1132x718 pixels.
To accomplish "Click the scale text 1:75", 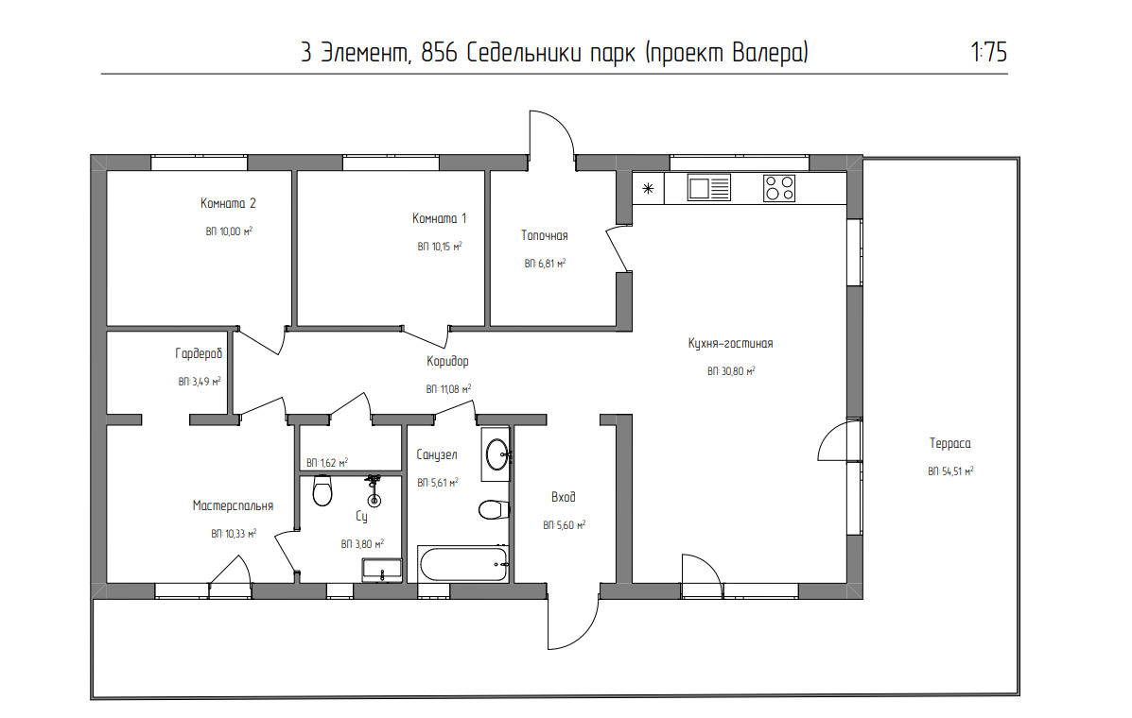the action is tap(988, 53).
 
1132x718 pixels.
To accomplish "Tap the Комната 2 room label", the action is tap(229, 203).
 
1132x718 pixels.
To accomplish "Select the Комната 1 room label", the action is tap(440, 218).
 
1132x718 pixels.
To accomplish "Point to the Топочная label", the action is tap(545, 235).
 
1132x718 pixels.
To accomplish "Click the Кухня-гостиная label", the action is tap(731, 344).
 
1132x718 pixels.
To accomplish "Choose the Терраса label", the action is tap(950, 443).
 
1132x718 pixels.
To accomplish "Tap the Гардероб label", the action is tap(199, 354).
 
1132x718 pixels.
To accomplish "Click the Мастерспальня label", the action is tap(233, 506).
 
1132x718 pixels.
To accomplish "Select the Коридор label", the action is tap(447, 361).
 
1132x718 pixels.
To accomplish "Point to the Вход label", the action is tap(564, 497).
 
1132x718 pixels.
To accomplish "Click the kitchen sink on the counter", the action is tap(708, 188).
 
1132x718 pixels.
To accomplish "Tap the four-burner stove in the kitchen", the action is tap(779, 188).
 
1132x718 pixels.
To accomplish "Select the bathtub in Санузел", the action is tap(463, 565).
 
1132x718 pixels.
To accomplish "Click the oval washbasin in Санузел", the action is tap(496, 454).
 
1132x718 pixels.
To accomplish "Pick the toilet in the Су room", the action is tap(322, 491).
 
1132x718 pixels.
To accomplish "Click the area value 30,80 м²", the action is tap(731, 372).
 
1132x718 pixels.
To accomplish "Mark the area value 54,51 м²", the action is tap(950, 470).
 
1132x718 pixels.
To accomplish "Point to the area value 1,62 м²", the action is tap(327, 463).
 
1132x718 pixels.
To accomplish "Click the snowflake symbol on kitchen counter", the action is tap(649, 188).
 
